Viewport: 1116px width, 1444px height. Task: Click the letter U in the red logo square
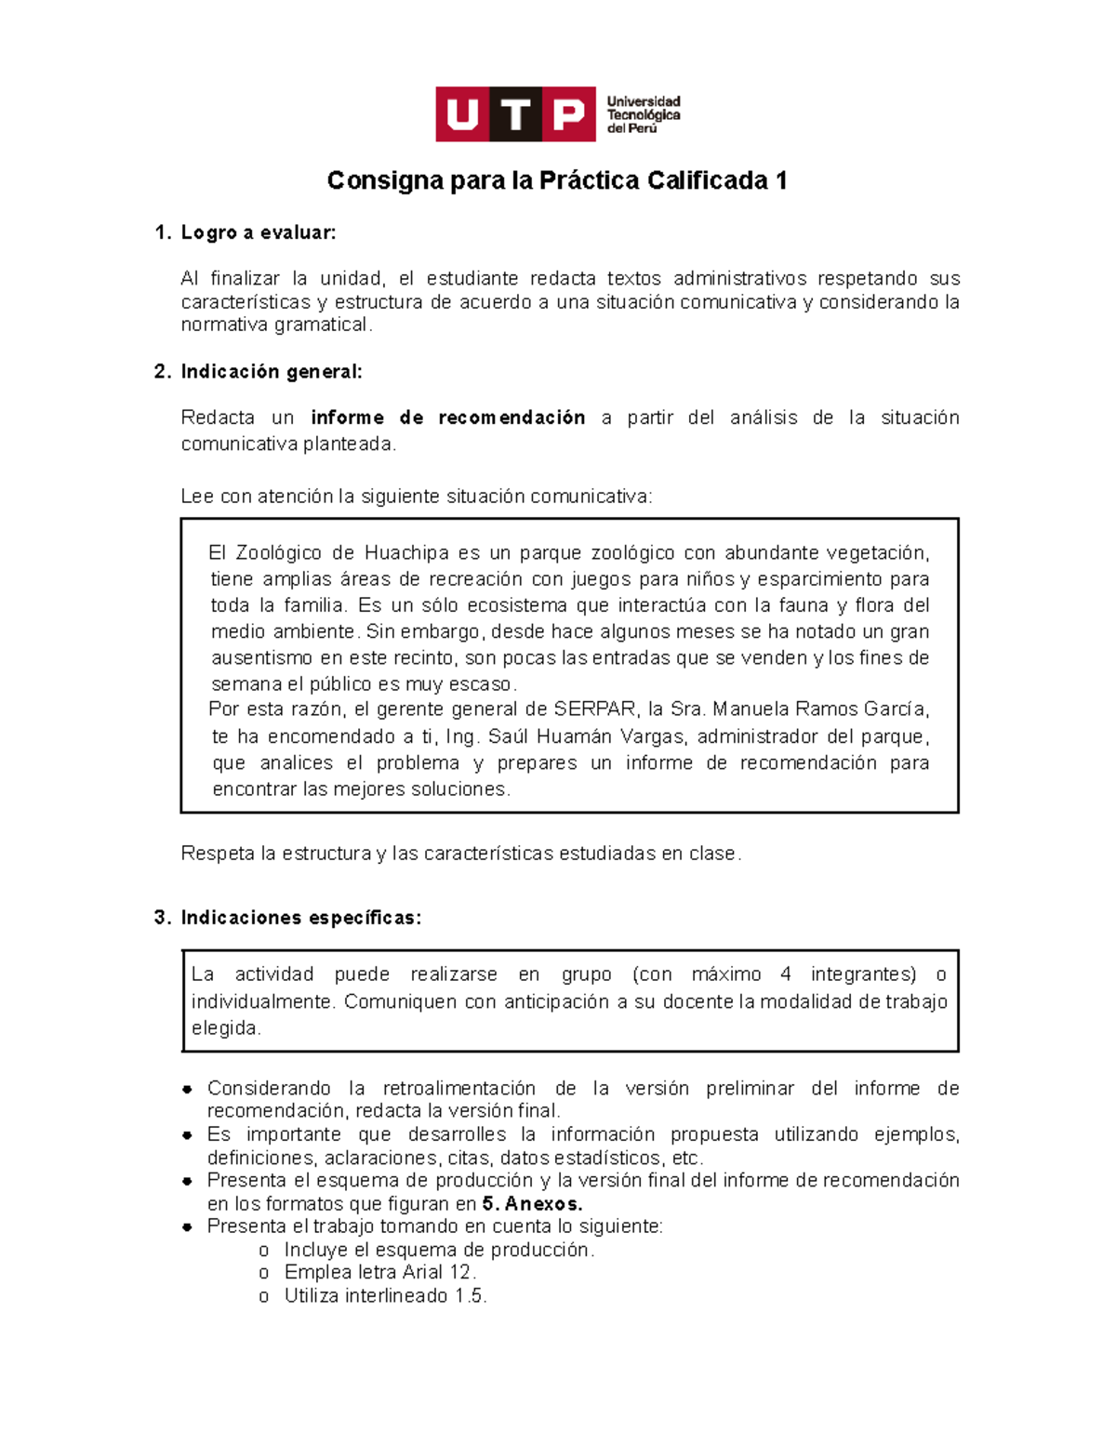pos(462,114)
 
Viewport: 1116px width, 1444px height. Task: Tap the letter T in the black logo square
pos(515,114)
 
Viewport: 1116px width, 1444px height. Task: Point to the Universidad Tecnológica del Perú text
pos(643,114)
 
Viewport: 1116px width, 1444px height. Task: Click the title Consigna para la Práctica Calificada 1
pos(557,180)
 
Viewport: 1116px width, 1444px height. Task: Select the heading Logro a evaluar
pos(258,232)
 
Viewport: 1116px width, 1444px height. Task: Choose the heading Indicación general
pos(271,372)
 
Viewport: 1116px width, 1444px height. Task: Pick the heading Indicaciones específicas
pos(300,918)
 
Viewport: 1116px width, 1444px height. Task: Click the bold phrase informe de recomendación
pos(447,417)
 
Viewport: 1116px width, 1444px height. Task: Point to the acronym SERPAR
pos(594,709)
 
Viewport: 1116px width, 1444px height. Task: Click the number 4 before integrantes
pos(786,974)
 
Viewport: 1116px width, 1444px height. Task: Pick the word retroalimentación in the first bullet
pos(458,1088)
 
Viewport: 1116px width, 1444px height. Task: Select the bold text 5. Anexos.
pos(532,1203)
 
